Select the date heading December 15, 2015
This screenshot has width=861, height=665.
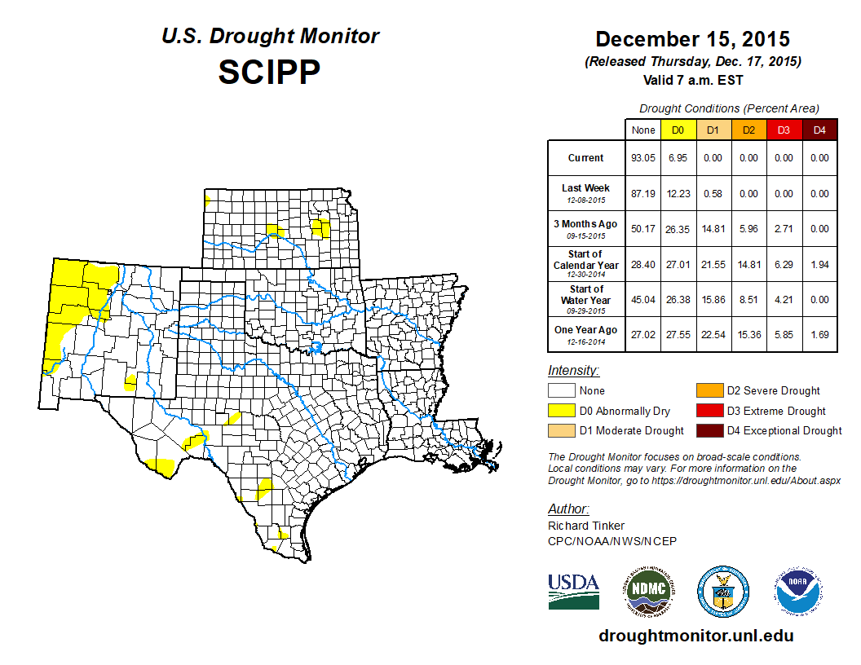click(x=692, y=39)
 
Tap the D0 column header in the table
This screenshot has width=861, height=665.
click(x=677, y=130)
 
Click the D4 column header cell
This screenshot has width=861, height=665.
click(x=819, y=130)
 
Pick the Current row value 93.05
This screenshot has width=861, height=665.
click(x=642, y=158)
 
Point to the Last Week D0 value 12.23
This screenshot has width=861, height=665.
click(x=677, y=194)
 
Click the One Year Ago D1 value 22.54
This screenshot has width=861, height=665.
click(x=713, y=332)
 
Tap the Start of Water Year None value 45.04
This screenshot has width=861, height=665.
click(x=642, y=299)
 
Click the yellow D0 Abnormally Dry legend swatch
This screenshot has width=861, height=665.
click(x=561, y=411)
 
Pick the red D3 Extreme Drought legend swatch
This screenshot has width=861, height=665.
click(x=708, y=411)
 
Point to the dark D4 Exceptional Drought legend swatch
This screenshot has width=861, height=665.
click(x=708, y=430)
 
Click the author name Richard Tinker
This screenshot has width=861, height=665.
click(x=586, y=526)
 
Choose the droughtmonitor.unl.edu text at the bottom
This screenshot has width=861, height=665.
click(x=695, y=636)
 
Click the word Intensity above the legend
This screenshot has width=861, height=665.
click(x=573, y=370)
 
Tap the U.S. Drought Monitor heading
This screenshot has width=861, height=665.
click(x=270, y=37)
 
